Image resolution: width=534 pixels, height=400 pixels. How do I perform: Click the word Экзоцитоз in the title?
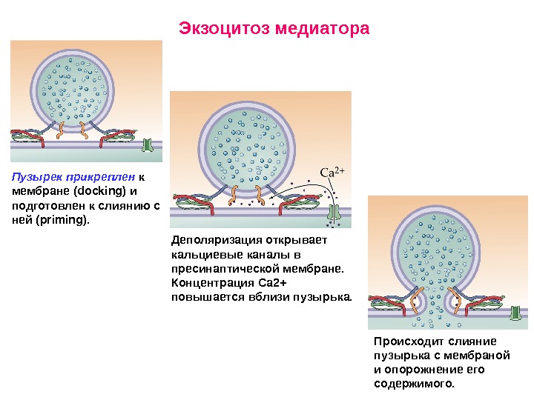(225, 30)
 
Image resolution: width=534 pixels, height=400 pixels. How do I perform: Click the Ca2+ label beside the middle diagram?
(332, 173)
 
